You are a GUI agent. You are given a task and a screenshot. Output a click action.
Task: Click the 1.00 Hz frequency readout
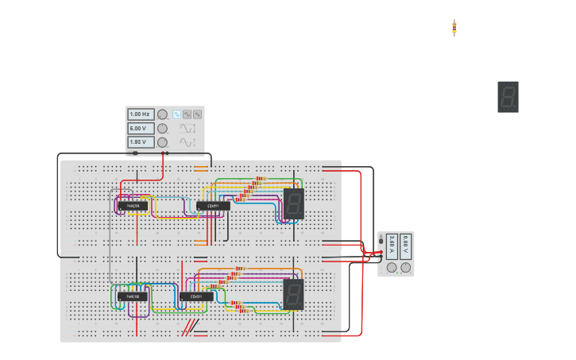pyautogui.click(x=141, y=114)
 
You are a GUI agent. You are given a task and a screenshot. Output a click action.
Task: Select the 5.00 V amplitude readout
pyautogui.click(x=141, y=128)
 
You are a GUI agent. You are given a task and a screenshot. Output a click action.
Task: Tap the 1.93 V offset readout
pyautogui.click(x=141, y=142)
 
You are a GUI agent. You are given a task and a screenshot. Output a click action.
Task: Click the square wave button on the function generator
pyautogui.click(x=177, y=114)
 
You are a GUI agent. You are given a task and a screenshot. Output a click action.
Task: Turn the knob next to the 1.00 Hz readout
pyautogui.click(x=162, y=114)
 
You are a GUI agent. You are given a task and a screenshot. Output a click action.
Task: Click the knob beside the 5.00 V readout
pyautogui.click(x=162, y=128)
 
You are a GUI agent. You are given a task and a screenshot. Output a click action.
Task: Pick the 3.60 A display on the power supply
pyautogui.click(x=392, y=245)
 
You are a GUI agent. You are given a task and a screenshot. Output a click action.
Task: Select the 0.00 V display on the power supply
pyautogui.click(x=405, y=245)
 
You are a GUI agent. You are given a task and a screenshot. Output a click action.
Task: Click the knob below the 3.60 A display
pyautogui.click(x=392, y=268)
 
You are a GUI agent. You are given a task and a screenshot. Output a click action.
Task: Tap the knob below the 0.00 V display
pyautogui.click(x=406, y=268)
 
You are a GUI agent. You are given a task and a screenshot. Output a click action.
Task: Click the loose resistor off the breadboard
pyautogui.click(x=454, y=28)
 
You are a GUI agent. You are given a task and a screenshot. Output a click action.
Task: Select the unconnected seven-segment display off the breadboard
pyautogui.click(x=508, y=97)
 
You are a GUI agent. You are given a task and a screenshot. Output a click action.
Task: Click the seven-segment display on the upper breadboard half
pyautogui.click(x=294, y=204)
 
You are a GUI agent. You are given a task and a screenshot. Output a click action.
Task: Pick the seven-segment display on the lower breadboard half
pyautogui.click(x=293, y=294)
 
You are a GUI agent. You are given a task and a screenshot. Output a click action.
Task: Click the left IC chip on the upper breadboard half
pyautogui.click(x=133, y=206)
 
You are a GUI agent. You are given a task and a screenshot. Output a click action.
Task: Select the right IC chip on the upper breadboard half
pyautogui.click(x=213, y=206)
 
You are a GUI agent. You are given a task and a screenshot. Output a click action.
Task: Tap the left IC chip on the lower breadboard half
pyautogui.click(x=133, y=296)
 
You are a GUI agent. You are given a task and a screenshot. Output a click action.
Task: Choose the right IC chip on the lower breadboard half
pyautogui.click(x=195, y=296)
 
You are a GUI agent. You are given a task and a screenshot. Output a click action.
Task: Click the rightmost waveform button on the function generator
pyautogui.click(x=197, y=114)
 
